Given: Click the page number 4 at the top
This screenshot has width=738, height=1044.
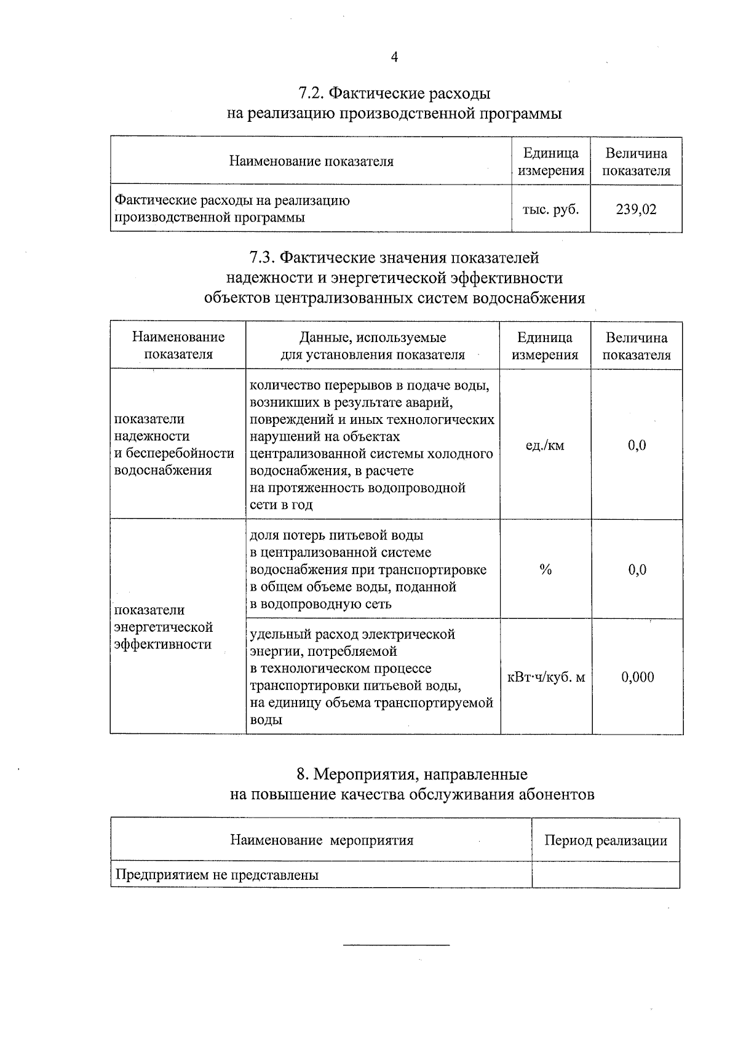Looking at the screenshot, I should [x=394, y=57].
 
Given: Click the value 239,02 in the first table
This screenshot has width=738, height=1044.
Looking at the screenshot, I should [x=636, y=209].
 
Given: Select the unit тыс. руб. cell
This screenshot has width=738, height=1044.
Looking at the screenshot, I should [x=550, y=209].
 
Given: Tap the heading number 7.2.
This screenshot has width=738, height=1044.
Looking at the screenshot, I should [x=311, y=94].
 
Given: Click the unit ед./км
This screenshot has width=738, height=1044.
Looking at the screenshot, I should [x=545, y=445].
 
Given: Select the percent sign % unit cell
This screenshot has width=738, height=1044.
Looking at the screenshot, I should [x=546, y=570].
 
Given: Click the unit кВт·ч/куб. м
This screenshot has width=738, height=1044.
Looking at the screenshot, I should [x=546, y=677].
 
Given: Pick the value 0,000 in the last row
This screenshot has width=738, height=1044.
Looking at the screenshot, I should [x=637, y=677].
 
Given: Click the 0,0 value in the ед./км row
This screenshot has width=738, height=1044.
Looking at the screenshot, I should [x=637, y=445].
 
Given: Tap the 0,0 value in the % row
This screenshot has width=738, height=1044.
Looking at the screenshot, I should [x=637, y=570].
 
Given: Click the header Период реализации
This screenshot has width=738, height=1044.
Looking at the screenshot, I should [x=605, y=840].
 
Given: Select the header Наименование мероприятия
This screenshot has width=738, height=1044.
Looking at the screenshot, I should [x=321, y=840].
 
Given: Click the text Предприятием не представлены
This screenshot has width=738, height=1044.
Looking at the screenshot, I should [x=217, y=875].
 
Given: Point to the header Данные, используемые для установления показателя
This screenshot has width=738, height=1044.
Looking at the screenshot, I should [x=373, y=346].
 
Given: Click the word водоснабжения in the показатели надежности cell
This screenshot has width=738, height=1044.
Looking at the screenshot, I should [x=163, y=471].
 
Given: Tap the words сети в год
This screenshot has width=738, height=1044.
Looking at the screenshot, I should [x=281, y=505].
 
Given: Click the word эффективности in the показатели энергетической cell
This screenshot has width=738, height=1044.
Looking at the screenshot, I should [x=163, y=645].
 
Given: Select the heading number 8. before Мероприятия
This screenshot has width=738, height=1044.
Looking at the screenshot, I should [x=302, y=774].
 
